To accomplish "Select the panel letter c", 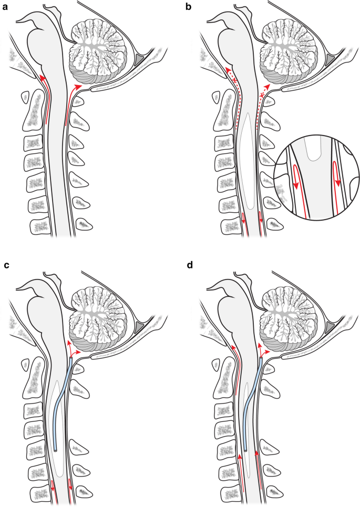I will pos(6,265).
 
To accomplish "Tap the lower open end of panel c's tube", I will pos(56,450).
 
